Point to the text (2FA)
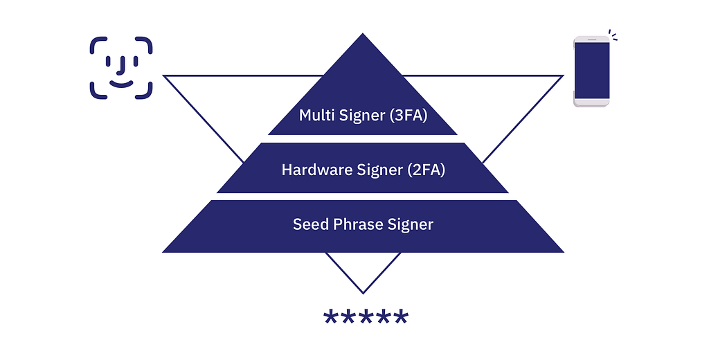[426, 170]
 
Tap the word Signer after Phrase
[411, 225]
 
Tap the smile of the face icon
[121, 84]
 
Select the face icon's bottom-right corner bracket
[144, 91]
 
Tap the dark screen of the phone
[591, 71]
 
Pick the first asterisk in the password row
[330, 317]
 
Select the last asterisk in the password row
[401, 317]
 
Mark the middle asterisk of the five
[366, 317]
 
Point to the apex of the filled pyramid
[363, 34]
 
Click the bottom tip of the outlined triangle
[363, 293]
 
